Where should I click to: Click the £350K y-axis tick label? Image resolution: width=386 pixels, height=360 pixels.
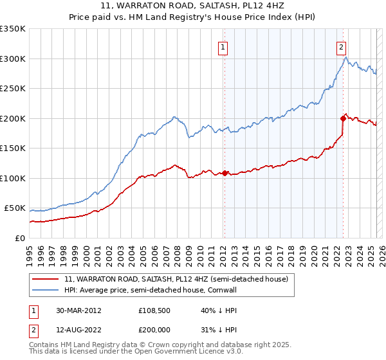pos(13,29)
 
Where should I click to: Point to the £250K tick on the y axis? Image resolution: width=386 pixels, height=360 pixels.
pos(13,89)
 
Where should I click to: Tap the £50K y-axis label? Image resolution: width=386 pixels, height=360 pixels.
pos(15,208)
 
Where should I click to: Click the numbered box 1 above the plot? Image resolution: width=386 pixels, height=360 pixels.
pos(222,46)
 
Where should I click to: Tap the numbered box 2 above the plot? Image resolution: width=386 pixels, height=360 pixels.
pos(340,46)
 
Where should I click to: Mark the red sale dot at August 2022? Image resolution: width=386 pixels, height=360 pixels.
pos(343,118)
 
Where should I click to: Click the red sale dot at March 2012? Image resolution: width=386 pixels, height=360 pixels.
pos(225,173)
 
